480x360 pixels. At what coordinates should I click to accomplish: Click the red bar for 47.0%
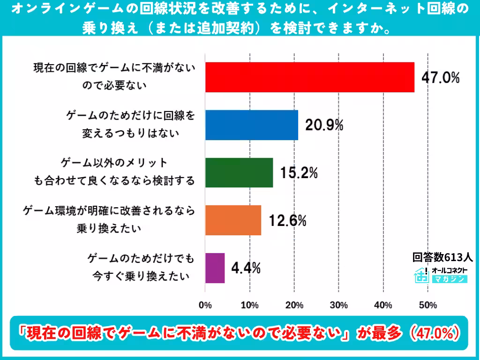click(310, 77)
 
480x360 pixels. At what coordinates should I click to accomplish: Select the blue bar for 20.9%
click(252, 125)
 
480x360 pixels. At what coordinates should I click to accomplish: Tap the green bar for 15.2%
click(239, 172)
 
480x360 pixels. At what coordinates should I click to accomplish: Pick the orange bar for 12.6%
click(233, 220)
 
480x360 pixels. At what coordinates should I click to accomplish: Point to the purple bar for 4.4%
click(215, 268)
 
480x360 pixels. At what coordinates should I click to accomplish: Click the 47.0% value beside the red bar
click(441, 77)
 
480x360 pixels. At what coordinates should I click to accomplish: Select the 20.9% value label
click(324, 125)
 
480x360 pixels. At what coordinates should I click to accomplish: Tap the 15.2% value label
click(299, 172)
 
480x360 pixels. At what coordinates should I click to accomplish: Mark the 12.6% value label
click(287, 220)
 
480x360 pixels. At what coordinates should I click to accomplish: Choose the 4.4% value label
click(246, 268)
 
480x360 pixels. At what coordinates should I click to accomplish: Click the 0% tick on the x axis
click(205, 305)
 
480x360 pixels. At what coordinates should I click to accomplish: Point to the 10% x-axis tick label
click(250, 305)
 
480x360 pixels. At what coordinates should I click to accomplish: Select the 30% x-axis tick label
click(338, 305)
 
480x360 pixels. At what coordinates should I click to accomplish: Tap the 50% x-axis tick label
click(428, 305)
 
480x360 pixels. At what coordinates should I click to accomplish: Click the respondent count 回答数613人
click(442, 257)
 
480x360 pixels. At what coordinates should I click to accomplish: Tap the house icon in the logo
click(421, 275)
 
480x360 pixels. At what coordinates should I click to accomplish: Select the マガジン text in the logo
click(450, 279)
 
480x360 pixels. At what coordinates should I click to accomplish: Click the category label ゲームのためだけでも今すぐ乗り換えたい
click(141, 268)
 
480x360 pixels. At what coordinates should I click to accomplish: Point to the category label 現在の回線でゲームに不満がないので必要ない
click(114, 76)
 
